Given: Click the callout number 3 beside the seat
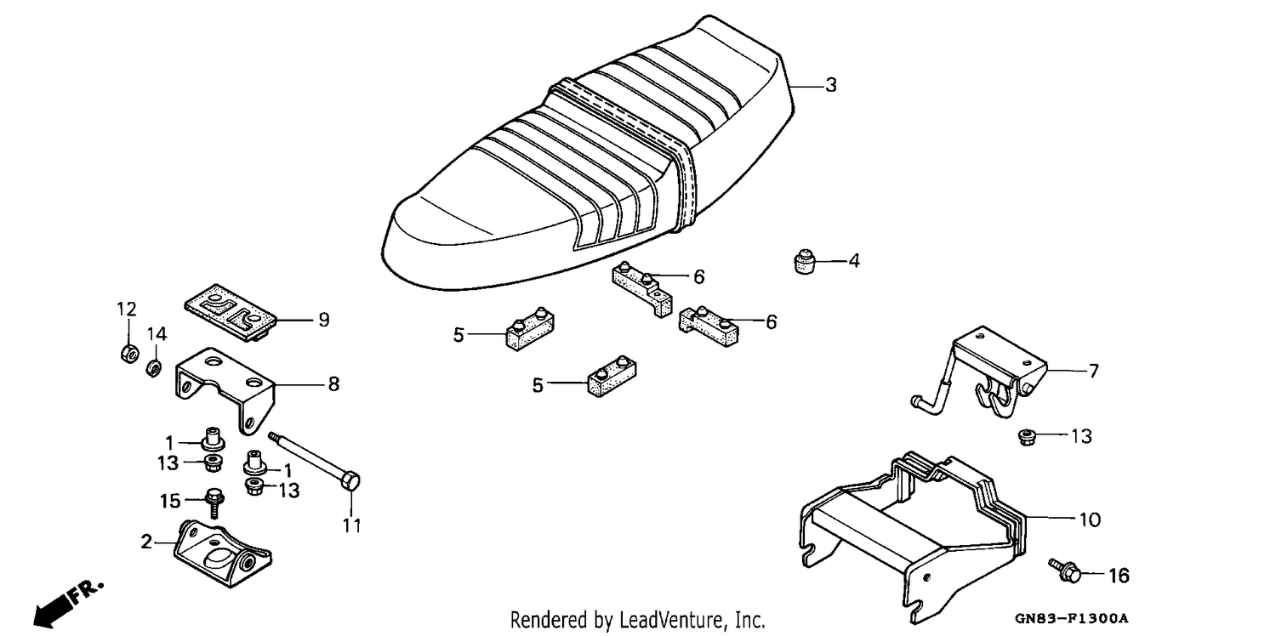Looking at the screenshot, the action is point(831,85).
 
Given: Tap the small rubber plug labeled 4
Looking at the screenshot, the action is point(805,261).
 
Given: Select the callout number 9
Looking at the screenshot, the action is point(323,320).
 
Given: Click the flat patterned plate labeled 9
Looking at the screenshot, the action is point(231,313).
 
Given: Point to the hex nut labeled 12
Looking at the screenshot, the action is point(129,354).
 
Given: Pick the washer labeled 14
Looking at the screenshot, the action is point(152,368).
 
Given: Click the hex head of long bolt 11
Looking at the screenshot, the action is point(350,482).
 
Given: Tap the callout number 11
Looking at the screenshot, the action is point(352,525).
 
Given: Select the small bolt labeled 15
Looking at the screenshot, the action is point(214,502).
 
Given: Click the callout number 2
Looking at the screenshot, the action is point(146,542).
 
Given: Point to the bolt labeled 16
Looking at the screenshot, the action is point(1065,571).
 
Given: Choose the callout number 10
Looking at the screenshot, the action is point(1091,520).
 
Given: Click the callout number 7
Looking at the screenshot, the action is point(1094,372).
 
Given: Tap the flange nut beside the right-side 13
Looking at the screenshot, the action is point(1027,438).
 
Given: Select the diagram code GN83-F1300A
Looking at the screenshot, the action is point(1071,618).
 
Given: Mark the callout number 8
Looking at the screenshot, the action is point(333,384).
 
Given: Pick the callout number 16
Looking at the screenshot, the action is point(1119,576).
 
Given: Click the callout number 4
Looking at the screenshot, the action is point(854,261).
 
